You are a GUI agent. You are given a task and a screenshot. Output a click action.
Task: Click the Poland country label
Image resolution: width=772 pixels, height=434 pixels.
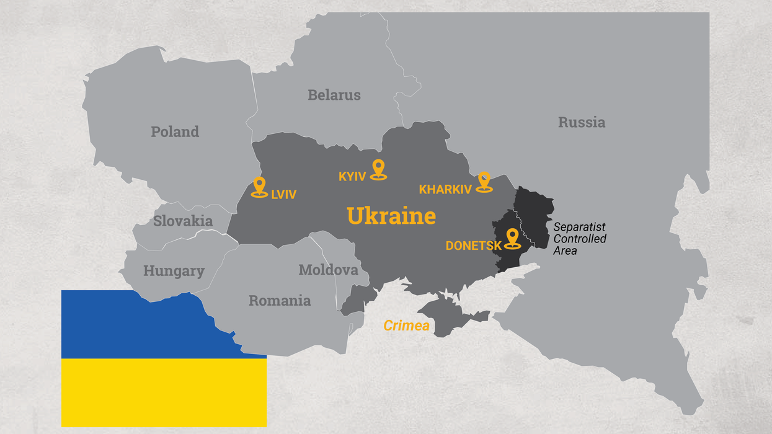[175, 131]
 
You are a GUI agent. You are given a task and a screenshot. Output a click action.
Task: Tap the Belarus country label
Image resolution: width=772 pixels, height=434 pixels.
[334, 95]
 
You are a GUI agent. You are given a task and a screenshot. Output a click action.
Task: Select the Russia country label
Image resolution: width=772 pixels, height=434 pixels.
[581, 122]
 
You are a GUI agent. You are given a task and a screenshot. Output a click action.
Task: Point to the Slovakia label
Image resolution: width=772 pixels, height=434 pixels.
[183, 221]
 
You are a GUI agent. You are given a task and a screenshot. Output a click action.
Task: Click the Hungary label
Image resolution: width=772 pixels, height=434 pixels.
[174, 271]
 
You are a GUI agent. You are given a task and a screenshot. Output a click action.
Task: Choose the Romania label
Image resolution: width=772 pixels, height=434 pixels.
[280, 301]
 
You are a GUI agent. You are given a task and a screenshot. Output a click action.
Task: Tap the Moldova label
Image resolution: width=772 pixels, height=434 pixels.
[328, 270]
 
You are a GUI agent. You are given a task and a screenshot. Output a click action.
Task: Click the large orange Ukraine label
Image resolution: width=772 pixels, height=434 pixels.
[391, 216]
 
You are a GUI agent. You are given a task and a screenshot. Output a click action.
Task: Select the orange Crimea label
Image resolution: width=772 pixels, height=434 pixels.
[406, 325]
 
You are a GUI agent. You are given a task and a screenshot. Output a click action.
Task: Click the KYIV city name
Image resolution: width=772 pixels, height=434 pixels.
[352, 177]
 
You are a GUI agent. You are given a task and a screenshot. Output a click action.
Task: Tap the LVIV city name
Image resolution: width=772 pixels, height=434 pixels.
[283, 195]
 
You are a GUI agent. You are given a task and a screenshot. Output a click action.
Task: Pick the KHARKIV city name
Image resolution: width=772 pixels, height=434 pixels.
[445, 190]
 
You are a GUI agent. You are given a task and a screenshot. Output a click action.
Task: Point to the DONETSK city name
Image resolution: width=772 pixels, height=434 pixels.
[473, 246]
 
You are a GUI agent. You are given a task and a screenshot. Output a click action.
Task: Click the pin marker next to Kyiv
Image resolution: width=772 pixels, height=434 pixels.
[378, 169]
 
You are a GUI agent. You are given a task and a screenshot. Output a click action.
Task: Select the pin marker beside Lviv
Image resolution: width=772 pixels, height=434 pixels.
[259, 187]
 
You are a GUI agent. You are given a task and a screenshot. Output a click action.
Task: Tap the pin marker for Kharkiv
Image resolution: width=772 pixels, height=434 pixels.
[484, 182]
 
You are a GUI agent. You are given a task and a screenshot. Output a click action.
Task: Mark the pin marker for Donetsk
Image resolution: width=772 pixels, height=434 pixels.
[512, 238]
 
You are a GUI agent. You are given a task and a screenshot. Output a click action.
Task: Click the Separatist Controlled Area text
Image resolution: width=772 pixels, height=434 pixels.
[579, 239]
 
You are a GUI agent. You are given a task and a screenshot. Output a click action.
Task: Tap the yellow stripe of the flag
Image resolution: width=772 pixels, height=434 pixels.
[164, 392]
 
